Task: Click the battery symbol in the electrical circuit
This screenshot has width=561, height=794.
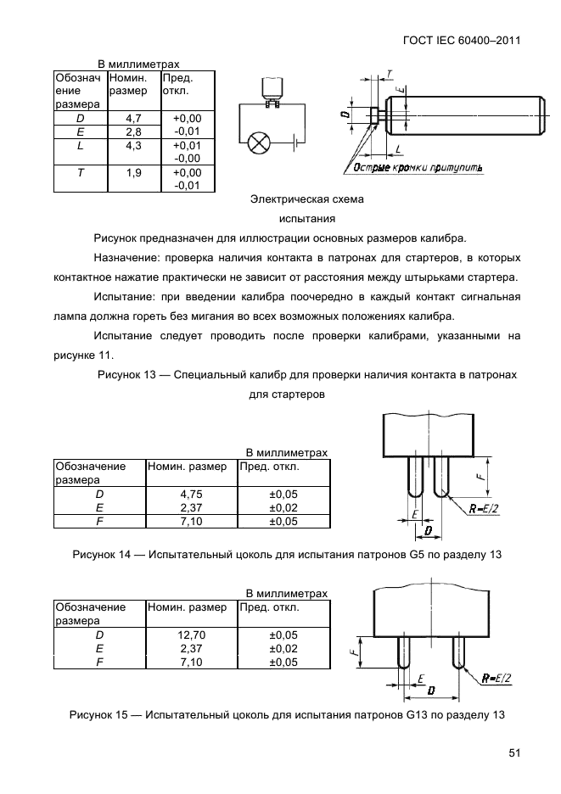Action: pyautogui.click(x=295, y=143)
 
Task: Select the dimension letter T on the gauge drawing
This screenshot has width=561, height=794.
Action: pyautogui.click(x=389, y=73)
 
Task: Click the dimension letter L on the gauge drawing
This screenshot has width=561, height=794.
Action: pyautogui.click(x=398, y=149)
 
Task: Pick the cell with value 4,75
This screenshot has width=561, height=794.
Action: pyautogui.click(x=191, y=493)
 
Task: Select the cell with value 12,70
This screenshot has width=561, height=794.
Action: pyautogui.click(x=191, y=634)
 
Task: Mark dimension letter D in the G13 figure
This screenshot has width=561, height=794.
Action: pyautogui.click(x=431, y=691)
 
